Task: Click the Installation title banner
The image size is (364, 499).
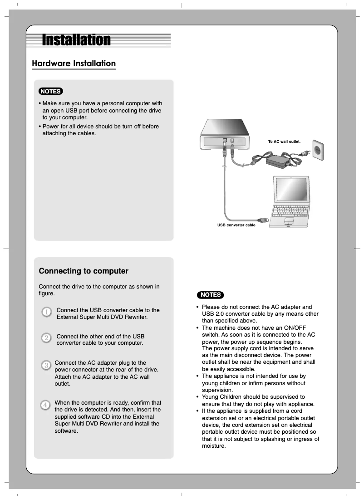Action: (x=76, y=40)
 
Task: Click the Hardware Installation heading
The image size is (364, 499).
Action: (x=74, y=64)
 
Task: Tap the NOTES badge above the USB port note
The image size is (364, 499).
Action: (x=50, y=91)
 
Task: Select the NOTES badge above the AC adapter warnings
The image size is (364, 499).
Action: (x=210, y=294)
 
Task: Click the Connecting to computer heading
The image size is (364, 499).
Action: (x=84, y=271)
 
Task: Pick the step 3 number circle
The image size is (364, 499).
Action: (x=46, y=365)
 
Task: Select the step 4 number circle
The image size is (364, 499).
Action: (x=46, y=404)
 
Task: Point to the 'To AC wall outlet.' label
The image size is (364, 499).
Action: (x=284, y=142)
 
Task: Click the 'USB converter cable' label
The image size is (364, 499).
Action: (x=236, y=225)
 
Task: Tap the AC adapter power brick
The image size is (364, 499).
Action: (x=278, y=160)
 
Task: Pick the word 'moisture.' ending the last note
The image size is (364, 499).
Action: (x=213, y=446)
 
